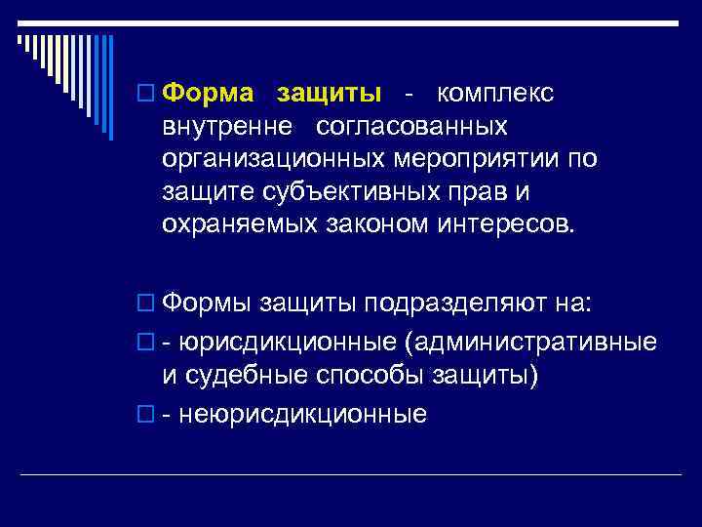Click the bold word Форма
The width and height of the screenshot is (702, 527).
point(209,94)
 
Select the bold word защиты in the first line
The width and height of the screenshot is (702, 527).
point(330,94)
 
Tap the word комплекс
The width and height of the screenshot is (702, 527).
point(495,94)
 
